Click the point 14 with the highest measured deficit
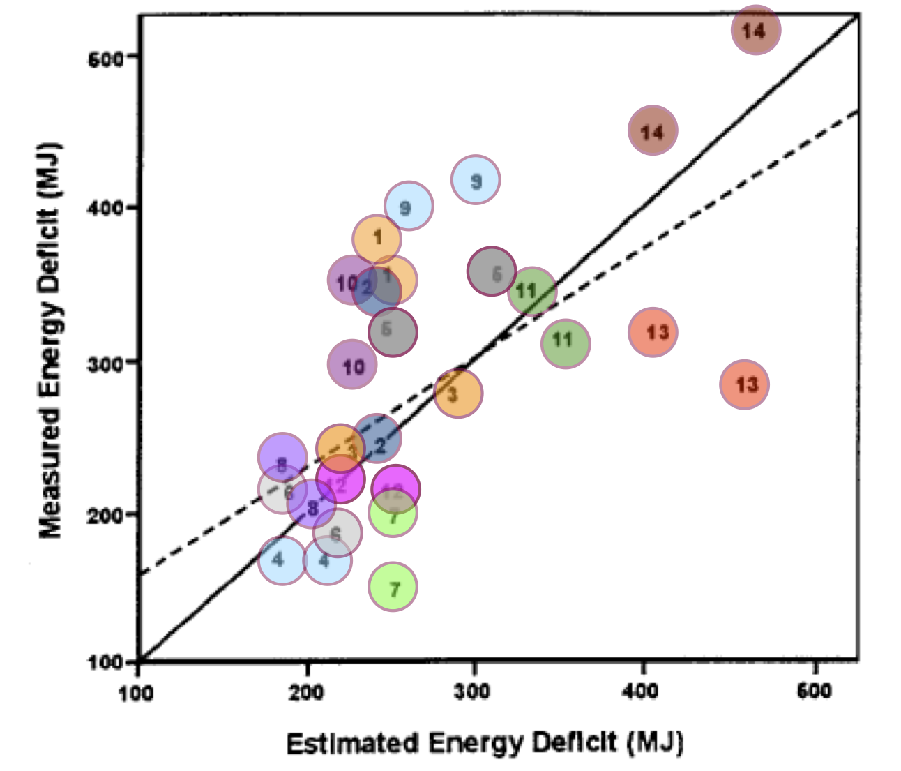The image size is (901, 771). (755, 29)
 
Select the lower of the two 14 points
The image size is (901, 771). (653, 130)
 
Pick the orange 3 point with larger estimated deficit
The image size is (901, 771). (458, 394)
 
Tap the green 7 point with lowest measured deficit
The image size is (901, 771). (393, 587)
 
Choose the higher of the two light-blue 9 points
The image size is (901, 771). (476, 180)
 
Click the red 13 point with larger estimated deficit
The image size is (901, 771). (745, 384)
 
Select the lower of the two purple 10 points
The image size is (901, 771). (352, 364)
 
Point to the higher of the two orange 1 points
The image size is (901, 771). (377, 239)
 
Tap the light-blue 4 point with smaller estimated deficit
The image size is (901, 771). (282, 560)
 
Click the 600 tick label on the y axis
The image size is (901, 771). (105, 59)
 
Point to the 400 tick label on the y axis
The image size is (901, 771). (105, 208)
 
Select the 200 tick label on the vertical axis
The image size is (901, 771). (105, 515)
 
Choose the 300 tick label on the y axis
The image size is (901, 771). (105, 362)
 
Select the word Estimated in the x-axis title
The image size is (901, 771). (353, 743)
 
